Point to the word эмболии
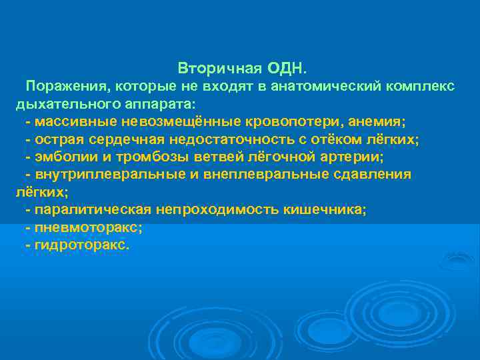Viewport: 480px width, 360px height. (x=63, y=157)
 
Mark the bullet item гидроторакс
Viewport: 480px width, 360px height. (x=79, y=245)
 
